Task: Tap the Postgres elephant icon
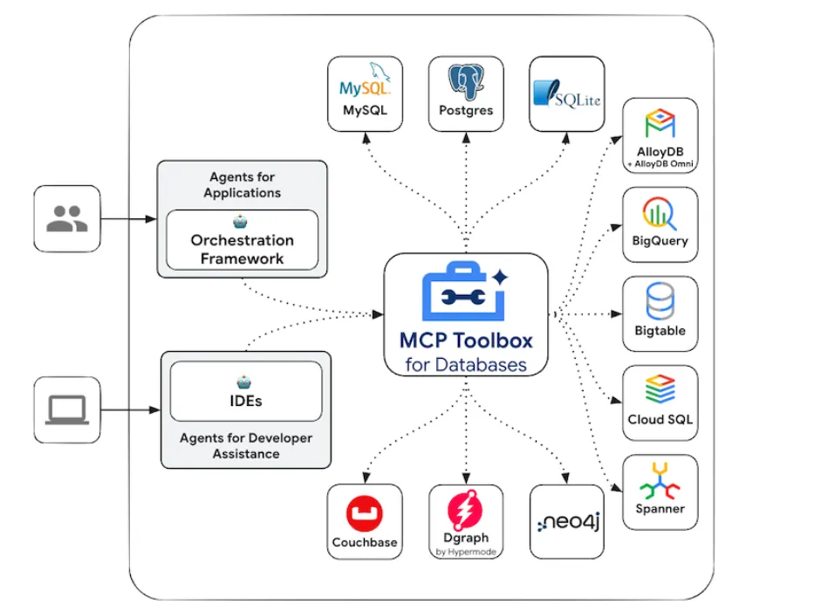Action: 466,81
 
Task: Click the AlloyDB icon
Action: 660,124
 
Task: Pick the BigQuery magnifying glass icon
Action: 660,213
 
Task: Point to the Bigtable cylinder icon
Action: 660,302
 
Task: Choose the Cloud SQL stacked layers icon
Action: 660,390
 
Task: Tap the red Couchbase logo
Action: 365,514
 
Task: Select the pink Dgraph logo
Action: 466,510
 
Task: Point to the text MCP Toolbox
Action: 466,340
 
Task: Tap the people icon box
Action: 67,218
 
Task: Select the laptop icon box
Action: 67,409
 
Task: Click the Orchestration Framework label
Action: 242,249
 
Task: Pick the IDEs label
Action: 245,401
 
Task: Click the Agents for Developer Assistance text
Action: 245,446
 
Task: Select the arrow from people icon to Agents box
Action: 127,219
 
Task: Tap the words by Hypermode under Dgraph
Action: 466,552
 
